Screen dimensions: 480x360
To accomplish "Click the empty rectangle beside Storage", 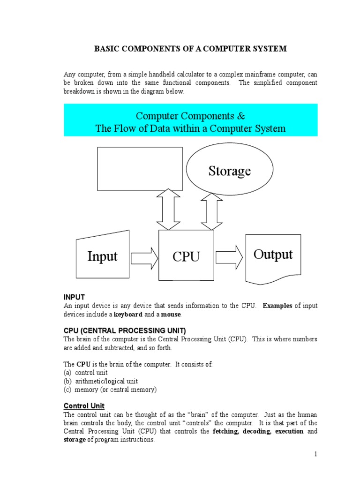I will [x=140, y=169].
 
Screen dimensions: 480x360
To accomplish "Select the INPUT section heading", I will [x=74, y=297].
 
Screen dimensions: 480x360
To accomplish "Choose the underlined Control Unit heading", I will [x=84, y=405].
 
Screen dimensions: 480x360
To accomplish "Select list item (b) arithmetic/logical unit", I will [x=101, y=381].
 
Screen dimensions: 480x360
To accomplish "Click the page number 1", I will [x=315, y=454].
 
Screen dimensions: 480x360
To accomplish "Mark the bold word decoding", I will [x=256, y=431].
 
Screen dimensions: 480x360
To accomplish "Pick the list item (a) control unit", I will [x=86, y=373].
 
